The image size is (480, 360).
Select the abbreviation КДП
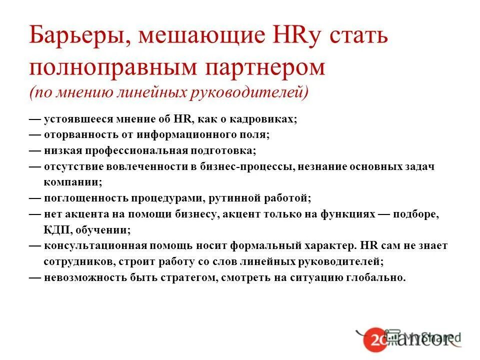(x=56, y=229)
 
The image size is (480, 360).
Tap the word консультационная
(x=95, y=245)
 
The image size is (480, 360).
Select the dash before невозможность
(x=35, y=277)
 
